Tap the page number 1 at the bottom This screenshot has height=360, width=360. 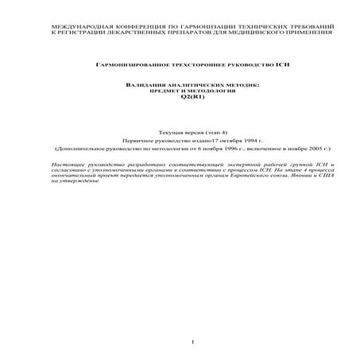click(x=193, y=342)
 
